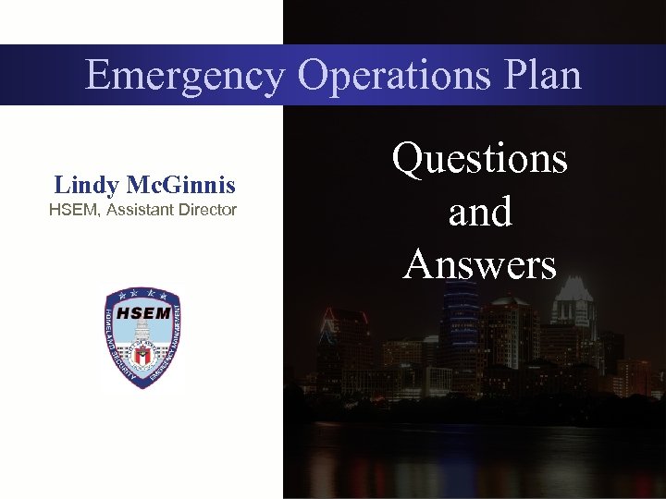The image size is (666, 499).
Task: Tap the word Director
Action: (x=209, y=210)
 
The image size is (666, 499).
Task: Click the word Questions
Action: (x=479, y=159)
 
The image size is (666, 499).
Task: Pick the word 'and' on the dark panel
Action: (x=479, y=212)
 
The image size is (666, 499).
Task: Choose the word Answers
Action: (x=479, y=265)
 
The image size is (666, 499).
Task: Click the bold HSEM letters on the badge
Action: (x=142, y=312)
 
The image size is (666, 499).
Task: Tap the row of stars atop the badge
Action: (x=142, y=295)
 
